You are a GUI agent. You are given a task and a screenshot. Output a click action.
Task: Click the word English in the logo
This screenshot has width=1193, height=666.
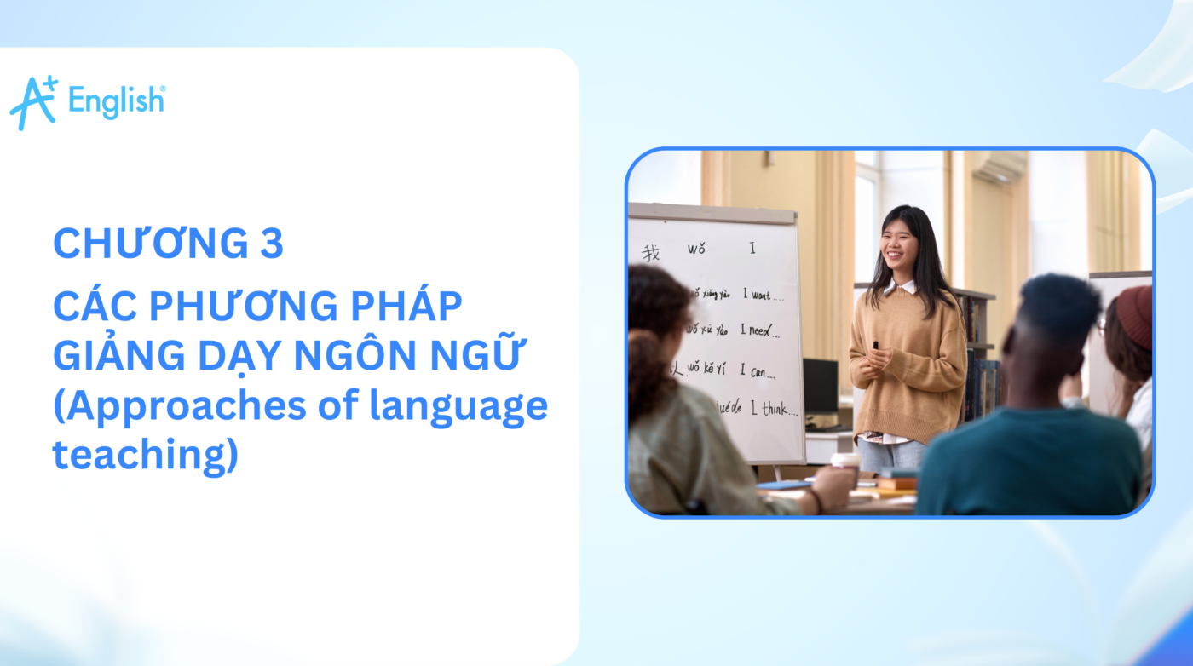click(x=116, y=100)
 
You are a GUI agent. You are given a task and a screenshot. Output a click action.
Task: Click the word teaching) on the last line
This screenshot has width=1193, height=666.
click(x=145, y=455)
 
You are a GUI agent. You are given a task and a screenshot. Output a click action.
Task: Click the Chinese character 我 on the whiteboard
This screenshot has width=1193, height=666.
click(x=651, y=252)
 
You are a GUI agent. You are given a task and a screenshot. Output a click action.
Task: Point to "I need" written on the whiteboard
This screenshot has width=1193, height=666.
click(x=758, y=329)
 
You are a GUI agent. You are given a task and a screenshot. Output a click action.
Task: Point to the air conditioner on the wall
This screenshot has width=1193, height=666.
click(x=999, y=167)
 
